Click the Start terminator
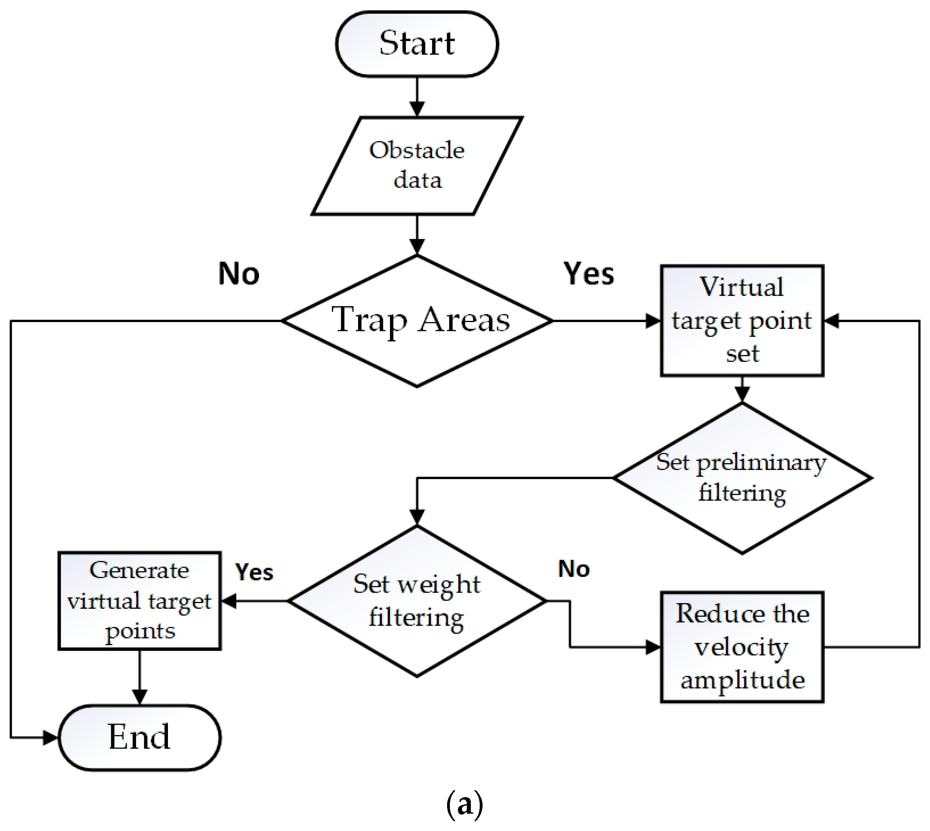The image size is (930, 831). click(416, 44)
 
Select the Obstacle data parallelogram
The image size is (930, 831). click(416, 165)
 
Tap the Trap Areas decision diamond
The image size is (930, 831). click(416, 320)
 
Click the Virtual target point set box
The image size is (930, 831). click(742, 320)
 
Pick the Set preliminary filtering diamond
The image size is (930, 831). click(742, 478)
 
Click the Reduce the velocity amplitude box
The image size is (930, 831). click(742, 647)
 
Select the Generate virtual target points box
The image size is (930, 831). click(139, 600)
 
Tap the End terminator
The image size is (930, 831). click(139, 738)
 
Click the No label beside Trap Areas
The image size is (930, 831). click(238, 274)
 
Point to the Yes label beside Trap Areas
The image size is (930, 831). click(589, 274)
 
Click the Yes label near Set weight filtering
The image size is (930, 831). click(254, 572)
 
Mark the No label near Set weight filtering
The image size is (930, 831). click(574, 569)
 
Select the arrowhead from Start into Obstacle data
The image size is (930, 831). click(416, 110)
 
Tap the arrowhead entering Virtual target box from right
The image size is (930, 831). click(832, 321)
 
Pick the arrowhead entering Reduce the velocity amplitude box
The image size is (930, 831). click(653, 647)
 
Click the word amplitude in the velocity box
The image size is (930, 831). click(742, 680)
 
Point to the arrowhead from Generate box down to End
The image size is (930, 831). click(139, 697)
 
